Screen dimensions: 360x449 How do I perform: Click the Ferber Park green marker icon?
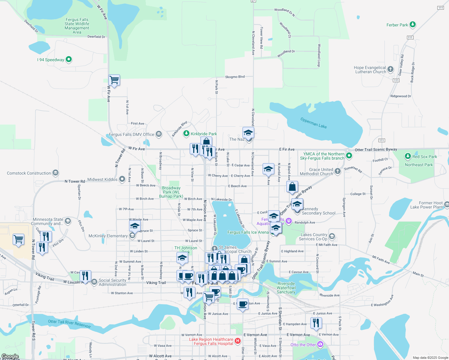pyautogui.click(x=413, y=25)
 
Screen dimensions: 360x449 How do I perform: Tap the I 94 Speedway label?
pyautogui.click(x=51, y=60)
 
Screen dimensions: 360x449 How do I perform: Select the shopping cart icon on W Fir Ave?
pyautogui.click(x=114, y=80)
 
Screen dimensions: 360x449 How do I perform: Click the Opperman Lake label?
pyautogui.click(x=314, y=123)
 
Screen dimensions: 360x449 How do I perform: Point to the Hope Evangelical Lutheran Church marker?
pyautogui.click(x=390, y=69)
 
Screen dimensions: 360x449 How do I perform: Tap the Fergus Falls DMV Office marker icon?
pyautogui.click(x=159, y=134)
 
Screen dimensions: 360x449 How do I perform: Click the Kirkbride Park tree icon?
pyautogui.click(x=186, y=133)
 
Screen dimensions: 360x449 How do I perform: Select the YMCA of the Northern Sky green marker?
pyautogui.click(x=349, y=156)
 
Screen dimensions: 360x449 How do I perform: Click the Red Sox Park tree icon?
pyautogui.click(x=408, y=156)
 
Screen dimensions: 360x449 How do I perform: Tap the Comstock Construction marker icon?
pyautogui.click(x=55, y=173)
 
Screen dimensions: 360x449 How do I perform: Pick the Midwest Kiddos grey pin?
pyautogui.click(x=122, y=179)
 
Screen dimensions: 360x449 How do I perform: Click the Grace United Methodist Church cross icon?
pyautogui.click(x=338, y=171)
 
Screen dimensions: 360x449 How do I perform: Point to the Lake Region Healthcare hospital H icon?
pyautogui.click(x=238, y=341)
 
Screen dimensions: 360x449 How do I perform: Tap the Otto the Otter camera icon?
pyautogui.click(x=320, y=344)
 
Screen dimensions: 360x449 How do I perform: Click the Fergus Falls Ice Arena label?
pyautogui.click(x=248, y=232)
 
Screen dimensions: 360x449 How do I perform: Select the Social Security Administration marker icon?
pyautogui.click(x=95, y=282)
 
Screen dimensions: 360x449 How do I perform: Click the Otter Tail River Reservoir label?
pyautogui.click(x=69, y=323)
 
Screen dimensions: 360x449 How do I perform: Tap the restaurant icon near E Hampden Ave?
pyautogui.click(x=316, y=323)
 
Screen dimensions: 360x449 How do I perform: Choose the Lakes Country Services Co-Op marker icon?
pyautogui.click(x=332, y=236)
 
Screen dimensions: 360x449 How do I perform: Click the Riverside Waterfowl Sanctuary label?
pyautogui.click(x=286, y=288)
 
